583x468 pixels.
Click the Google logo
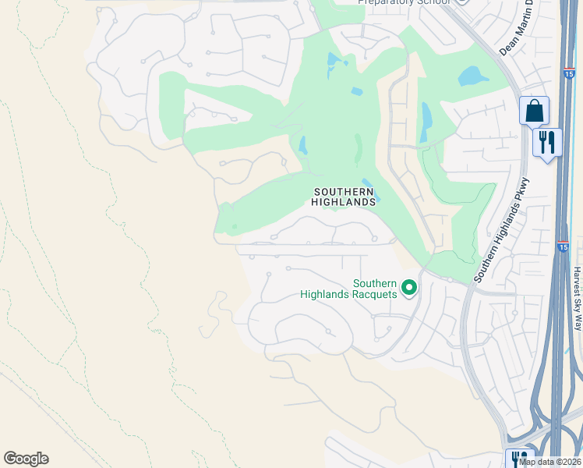(26, 459)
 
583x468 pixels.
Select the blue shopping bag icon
(534, 111)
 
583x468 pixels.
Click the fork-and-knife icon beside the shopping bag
(547, 143)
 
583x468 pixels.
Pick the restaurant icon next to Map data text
(518, 459)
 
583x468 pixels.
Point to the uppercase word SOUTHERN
(344, 191)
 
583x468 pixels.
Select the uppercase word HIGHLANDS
(344, 201)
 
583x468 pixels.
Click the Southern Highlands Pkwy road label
(503, 230)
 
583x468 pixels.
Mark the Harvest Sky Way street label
(578, 298)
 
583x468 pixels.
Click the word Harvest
(578, 278)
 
